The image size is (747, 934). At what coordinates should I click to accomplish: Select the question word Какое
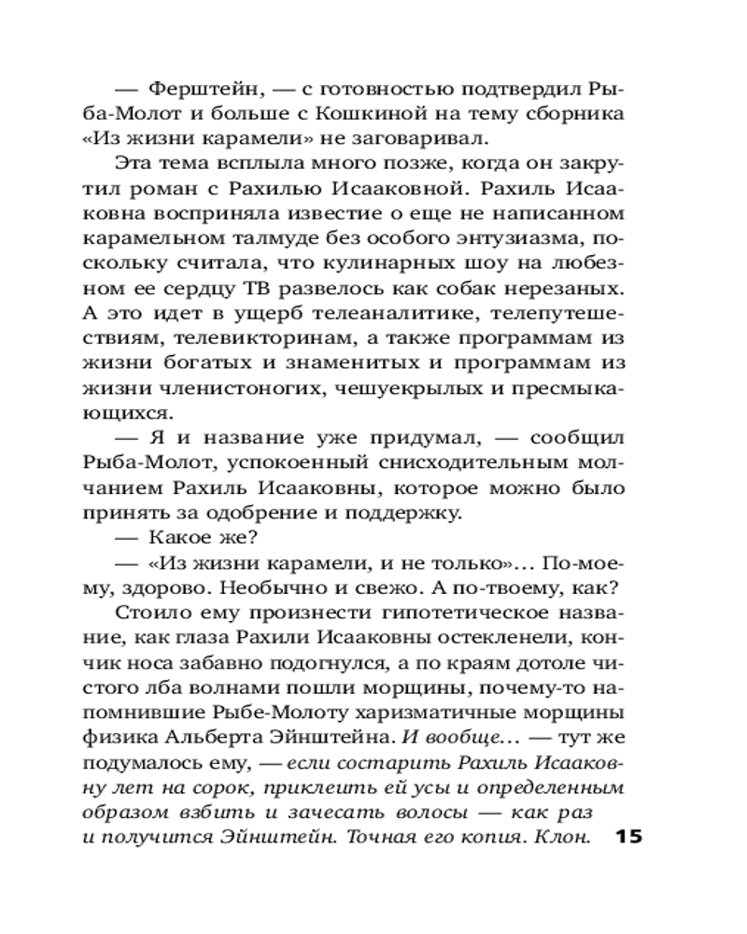pyautogui.click(x=178, y=536)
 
